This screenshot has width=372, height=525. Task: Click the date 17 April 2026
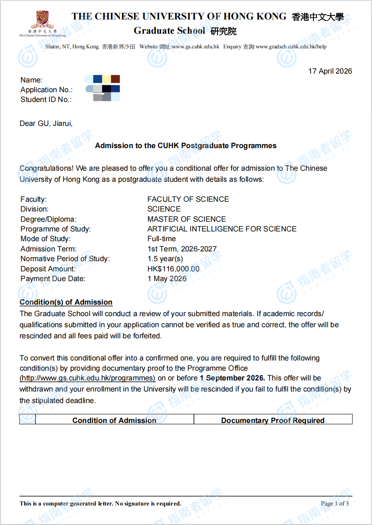tap(330, 71)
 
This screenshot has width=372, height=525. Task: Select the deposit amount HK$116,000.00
tap(173, 269)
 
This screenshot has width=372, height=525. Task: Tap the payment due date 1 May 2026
tap(167, 279)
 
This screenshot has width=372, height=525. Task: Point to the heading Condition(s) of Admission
tap(66, 302)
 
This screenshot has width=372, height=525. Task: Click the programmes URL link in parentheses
tap(87, 378)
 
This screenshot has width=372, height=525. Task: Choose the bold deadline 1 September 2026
tap(232, 378)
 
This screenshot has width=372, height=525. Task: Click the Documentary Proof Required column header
tap(273, 420)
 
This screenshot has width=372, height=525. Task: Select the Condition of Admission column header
tap(114, 420)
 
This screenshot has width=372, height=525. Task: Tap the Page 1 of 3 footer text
tap(335, 503)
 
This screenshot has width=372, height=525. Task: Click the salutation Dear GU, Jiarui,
tap(46, 123)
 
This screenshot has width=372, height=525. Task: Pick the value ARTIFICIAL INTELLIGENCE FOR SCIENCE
tap(222, 229)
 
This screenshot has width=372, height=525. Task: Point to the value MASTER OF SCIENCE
tap(186, 219)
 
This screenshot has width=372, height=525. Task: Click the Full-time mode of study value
tap(162, 239)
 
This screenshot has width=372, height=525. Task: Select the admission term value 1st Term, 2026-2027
tap(182, 249)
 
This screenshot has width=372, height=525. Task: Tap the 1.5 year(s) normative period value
tap(165, 259)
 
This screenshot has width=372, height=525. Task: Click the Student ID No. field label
tap(46, 100)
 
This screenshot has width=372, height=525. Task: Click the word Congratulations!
tap(47, 168)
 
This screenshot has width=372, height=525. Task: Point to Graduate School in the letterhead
tap(170, 31)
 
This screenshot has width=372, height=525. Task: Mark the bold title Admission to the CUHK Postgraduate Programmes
tap(186, 145)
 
